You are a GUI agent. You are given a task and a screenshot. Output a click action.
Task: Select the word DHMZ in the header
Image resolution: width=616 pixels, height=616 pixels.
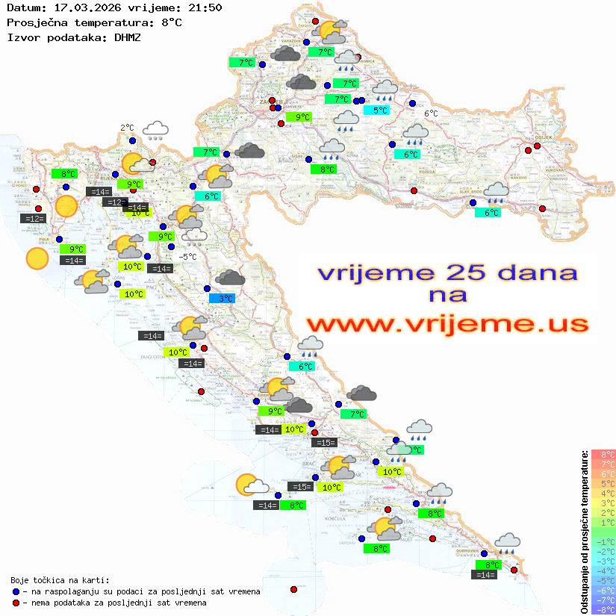click(x=125, y=37)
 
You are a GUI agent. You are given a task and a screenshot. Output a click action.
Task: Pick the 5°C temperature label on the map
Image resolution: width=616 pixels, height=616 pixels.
click(x=380, y=111)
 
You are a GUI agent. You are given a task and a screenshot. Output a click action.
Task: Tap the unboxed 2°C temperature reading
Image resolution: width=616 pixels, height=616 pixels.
click(x=127, y=128)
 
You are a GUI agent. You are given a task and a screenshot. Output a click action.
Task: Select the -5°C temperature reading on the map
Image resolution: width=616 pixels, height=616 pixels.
click(x=188, y=257)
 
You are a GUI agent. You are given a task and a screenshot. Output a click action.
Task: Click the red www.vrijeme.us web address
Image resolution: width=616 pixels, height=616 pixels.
click(x=447, y=324)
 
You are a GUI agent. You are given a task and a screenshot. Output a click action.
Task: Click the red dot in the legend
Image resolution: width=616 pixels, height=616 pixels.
click(x=16, y=603)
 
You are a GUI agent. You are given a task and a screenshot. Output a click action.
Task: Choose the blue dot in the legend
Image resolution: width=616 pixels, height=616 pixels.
click(x=16, y=591)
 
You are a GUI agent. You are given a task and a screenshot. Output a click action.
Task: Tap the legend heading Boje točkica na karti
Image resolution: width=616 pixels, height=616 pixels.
click(x=60, y=580)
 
